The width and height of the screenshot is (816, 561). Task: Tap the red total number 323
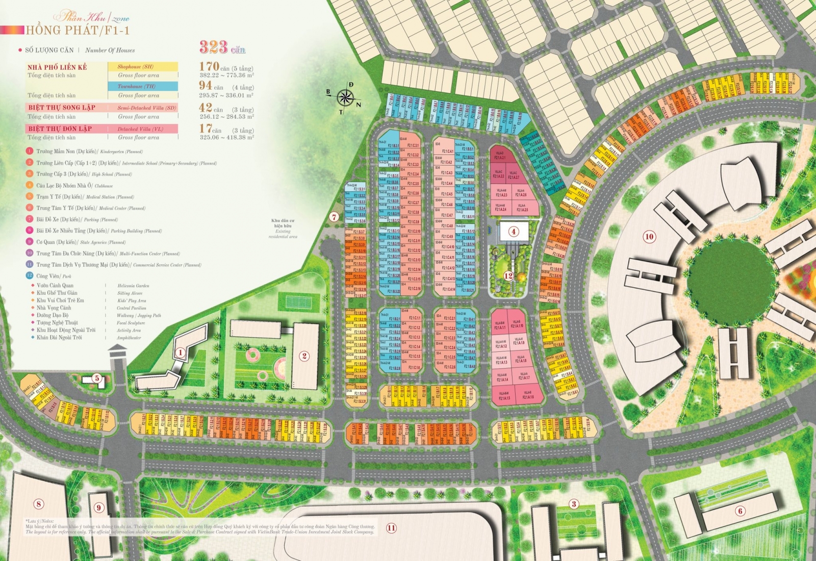click(x=214, y=47)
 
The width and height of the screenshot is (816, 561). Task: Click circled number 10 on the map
click(x=649, y=237)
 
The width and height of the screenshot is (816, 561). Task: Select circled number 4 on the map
click(x=514, y=232)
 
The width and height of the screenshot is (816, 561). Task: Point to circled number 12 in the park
click(x=508, y=276)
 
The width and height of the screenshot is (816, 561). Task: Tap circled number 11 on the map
click(x=391, y=528)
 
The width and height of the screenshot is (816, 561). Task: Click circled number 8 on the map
click(x=39, y=504)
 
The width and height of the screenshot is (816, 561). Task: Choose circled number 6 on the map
click(x=740, y=511)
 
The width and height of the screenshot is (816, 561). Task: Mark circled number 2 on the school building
click(x=304, y=356)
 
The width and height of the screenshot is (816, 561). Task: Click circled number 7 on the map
click(x=334, y=217)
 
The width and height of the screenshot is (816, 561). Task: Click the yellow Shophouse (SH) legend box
click(x=143, y=66)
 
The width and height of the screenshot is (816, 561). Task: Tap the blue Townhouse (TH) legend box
click(x=143, y=86)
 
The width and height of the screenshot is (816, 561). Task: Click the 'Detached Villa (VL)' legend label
click(x=140, y=129)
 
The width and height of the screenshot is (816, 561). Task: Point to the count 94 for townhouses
click(x=206, y=86)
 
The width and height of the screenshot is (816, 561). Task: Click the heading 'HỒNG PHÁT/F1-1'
click(x=78, y=31)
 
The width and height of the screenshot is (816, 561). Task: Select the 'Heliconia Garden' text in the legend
click(x=133, y=286)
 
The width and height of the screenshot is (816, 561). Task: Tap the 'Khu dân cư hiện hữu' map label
click(x=283, y=223)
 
